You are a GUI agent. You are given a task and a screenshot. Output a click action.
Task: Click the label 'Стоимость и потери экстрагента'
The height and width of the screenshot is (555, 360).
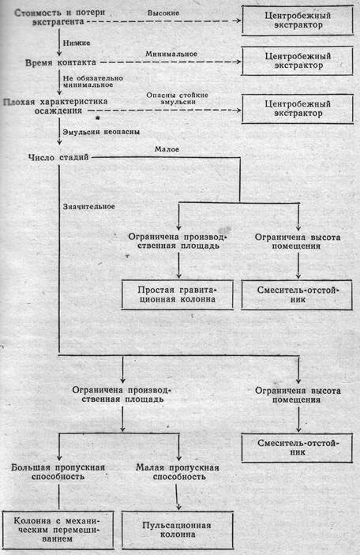[x=59, y=17]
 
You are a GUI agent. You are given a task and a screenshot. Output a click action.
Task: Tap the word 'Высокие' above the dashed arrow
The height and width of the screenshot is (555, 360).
[x=163, y=13]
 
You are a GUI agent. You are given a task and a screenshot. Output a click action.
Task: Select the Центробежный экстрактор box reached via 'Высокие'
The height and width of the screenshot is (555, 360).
[x=298, y=21]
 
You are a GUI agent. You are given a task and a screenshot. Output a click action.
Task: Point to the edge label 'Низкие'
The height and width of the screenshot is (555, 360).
[x=77, y=43]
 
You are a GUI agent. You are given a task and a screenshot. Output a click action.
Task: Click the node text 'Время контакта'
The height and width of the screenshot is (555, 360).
[x=61, y=62]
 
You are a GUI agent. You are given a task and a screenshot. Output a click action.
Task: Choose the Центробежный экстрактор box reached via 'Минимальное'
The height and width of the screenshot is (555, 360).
[x=298, y=61]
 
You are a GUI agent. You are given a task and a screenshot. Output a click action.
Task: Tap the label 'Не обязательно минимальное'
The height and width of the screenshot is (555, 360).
[x=92, y=81]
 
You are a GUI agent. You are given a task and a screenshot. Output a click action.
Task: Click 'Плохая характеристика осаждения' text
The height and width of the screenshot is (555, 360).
[x=55, y=106]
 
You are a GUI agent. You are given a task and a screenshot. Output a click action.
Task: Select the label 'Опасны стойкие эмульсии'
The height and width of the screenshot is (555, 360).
[x=178, y=99]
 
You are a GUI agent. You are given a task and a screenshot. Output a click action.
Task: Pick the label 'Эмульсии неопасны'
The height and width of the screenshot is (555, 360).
[x=101, y=132]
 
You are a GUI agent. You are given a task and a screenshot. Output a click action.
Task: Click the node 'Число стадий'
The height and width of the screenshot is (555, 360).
[x=58, y=157]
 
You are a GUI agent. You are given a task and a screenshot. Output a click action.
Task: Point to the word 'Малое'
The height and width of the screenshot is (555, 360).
[x=167, y=149]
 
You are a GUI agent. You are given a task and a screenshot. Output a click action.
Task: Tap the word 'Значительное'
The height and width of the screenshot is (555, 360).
[x=89, y=206]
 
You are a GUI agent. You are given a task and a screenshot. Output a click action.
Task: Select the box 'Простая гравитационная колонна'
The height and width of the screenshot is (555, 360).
[x=178, y=294]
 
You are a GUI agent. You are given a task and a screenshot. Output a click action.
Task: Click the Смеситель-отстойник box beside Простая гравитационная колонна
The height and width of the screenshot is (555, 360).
[x=297, y=294]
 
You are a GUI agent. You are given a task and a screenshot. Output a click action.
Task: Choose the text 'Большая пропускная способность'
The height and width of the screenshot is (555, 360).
[x=58, y=472]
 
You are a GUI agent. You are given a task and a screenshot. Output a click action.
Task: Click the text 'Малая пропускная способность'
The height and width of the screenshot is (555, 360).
[x=178, y=472]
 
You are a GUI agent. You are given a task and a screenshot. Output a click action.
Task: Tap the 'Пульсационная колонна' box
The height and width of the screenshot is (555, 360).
[x=178, y=530]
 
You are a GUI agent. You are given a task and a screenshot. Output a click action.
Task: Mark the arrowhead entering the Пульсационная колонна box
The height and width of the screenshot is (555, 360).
[x=178, y=507]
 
